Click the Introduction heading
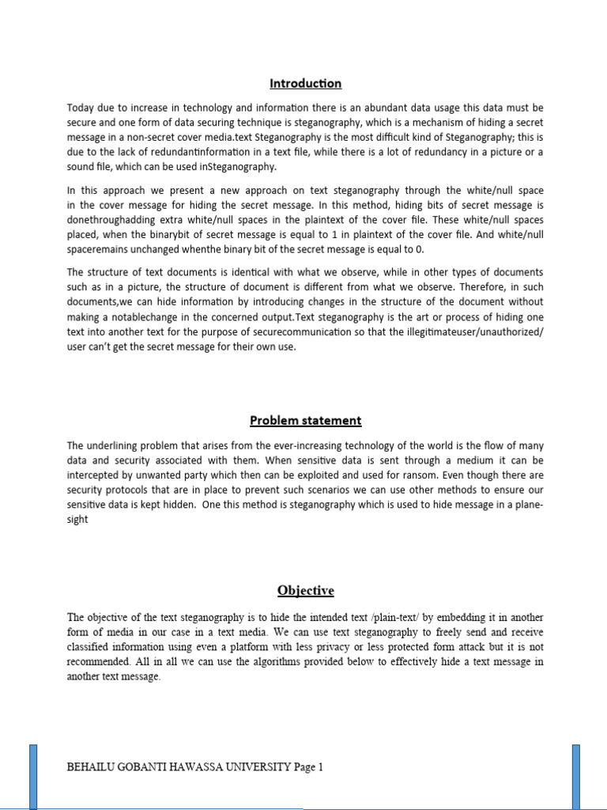click(305, 83)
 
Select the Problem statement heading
click(305, 420)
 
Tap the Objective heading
click(305, 590)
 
